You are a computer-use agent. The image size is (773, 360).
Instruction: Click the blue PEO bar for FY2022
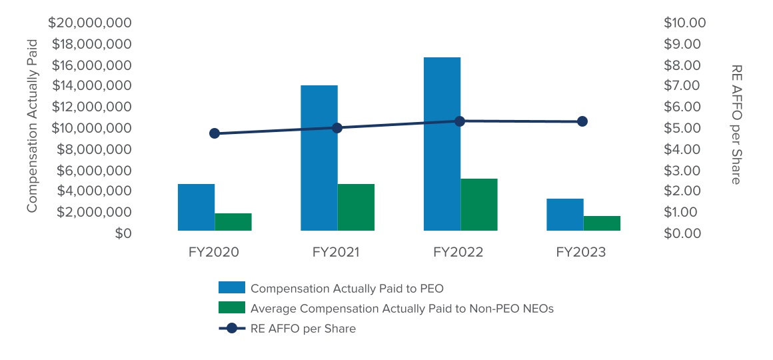point(442,144)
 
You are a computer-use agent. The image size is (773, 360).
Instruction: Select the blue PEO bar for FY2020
point(196,207)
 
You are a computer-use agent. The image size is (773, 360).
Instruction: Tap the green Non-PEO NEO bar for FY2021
point(356,207)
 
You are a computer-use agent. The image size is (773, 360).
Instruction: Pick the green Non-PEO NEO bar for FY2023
point(602,223)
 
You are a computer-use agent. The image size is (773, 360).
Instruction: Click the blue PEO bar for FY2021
point(319,158)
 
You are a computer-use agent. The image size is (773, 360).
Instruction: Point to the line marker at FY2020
point(215,133)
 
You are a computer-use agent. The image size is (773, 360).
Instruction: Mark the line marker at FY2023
point(582,121)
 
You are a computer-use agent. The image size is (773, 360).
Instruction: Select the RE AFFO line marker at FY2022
point(460,121)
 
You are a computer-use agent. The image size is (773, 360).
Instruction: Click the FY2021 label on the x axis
point(336,253)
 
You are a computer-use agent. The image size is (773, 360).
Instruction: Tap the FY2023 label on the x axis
point(581,253)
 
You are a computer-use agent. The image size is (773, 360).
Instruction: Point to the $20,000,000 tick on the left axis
point(91,23)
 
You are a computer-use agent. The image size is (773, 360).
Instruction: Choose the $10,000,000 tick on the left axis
point(91,128)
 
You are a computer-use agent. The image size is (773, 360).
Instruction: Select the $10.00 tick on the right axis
point(684,23)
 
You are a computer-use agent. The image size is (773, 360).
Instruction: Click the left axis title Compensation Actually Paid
point(32,125)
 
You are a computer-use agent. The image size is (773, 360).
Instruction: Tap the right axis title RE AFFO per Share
point(736,125)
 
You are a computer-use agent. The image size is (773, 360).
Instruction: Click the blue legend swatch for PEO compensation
point(232,288)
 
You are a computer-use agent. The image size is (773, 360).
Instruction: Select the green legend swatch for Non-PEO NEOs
point(232,308)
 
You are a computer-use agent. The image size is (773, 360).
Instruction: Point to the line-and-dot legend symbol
point(232,328)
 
